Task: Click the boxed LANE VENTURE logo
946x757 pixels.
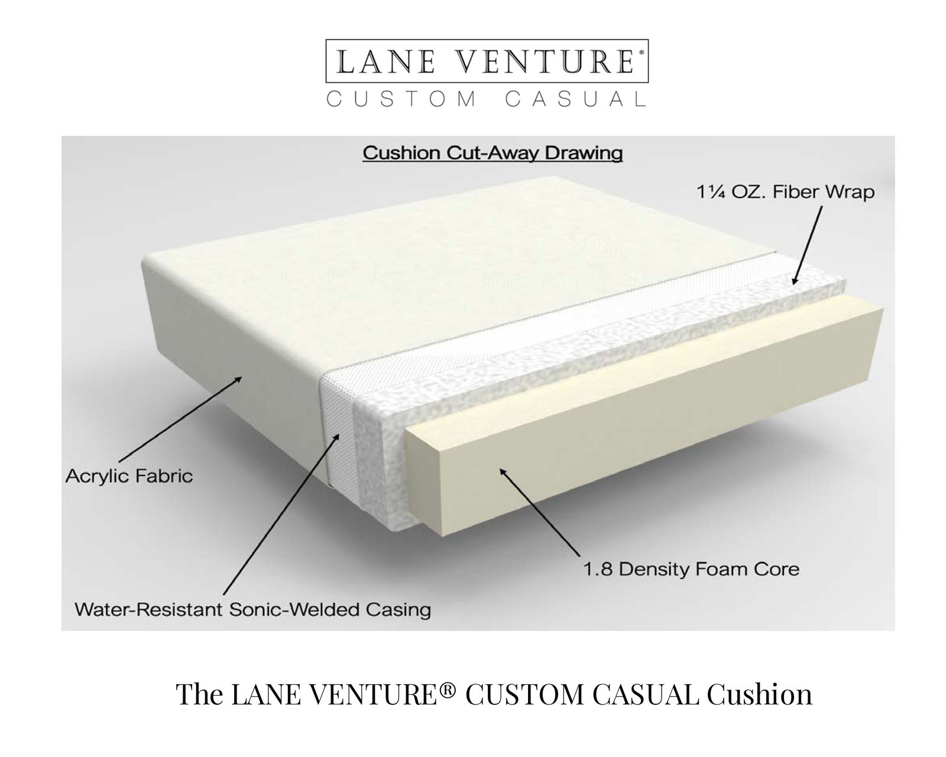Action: (487, 61)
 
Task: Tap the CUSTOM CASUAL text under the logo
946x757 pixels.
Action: (487, 99)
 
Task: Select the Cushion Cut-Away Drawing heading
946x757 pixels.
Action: (493, 154)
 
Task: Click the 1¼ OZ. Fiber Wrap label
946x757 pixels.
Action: (786, 192)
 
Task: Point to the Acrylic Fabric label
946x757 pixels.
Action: (129, 476)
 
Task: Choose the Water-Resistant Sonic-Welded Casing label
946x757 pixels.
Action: (253, 610)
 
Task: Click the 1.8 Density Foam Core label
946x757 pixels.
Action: (691, 570)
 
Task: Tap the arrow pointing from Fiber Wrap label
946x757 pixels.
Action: (807, 245)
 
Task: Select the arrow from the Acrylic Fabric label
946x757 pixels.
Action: (180, 416)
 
